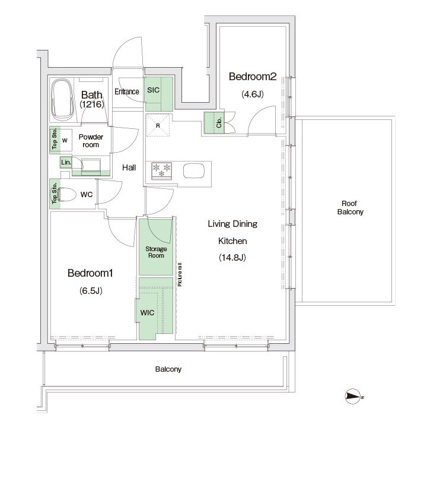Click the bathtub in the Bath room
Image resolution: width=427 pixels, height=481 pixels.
click(62, 100)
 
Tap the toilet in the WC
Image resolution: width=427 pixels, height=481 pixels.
click(66, 195)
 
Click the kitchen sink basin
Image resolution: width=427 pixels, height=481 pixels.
click(194, 170)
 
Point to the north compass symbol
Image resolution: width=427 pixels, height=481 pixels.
click(353, 396)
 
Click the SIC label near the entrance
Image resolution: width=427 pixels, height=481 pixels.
click(153, 90)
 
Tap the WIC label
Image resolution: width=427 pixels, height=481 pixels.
click(147, 312)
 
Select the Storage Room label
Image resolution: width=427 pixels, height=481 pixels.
click(156, 252)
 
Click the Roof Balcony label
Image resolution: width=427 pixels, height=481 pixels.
click(350, 208)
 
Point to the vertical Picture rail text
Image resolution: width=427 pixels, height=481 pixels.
click(180, 274)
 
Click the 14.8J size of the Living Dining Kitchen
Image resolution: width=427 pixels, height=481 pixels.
click(232, 257)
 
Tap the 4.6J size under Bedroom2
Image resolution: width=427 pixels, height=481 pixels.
click(253, 94)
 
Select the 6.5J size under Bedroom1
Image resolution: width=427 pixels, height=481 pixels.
click(91, 290)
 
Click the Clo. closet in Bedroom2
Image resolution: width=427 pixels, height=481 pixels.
click(215, 123)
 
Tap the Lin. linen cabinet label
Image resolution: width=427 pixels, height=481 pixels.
click(66, 162)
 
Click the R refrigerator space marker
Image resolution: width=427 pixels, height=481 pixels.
click(158, 125)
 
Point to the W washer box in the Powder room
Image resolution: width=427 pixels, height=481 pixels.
click(64, 141)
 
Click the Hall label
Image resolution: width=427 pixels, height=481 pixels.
click(129, 167)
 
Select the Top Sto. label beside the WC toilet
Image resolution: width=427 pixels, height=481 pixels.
click(55, 193)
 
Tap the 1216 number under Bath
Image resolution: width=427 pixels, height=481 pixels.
click(92, 105)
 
